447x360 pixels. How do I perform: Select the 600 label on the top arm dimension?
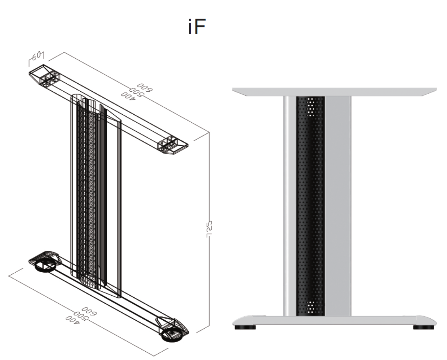pyautogui.click(x=142, y=88)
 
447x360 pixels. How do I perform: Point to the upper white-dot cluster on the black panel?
pyautogui.click(x=311, y=104)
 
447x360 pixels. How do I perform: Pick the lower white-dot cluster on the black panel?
pyautogui.click(x=311, y=307)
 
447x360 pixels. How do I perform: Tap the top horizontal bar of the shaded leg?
pyautogui.click(x=334, y=91)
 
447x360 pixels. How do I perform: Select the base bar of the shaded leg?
pyautogui.click(x=334, y=321)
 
